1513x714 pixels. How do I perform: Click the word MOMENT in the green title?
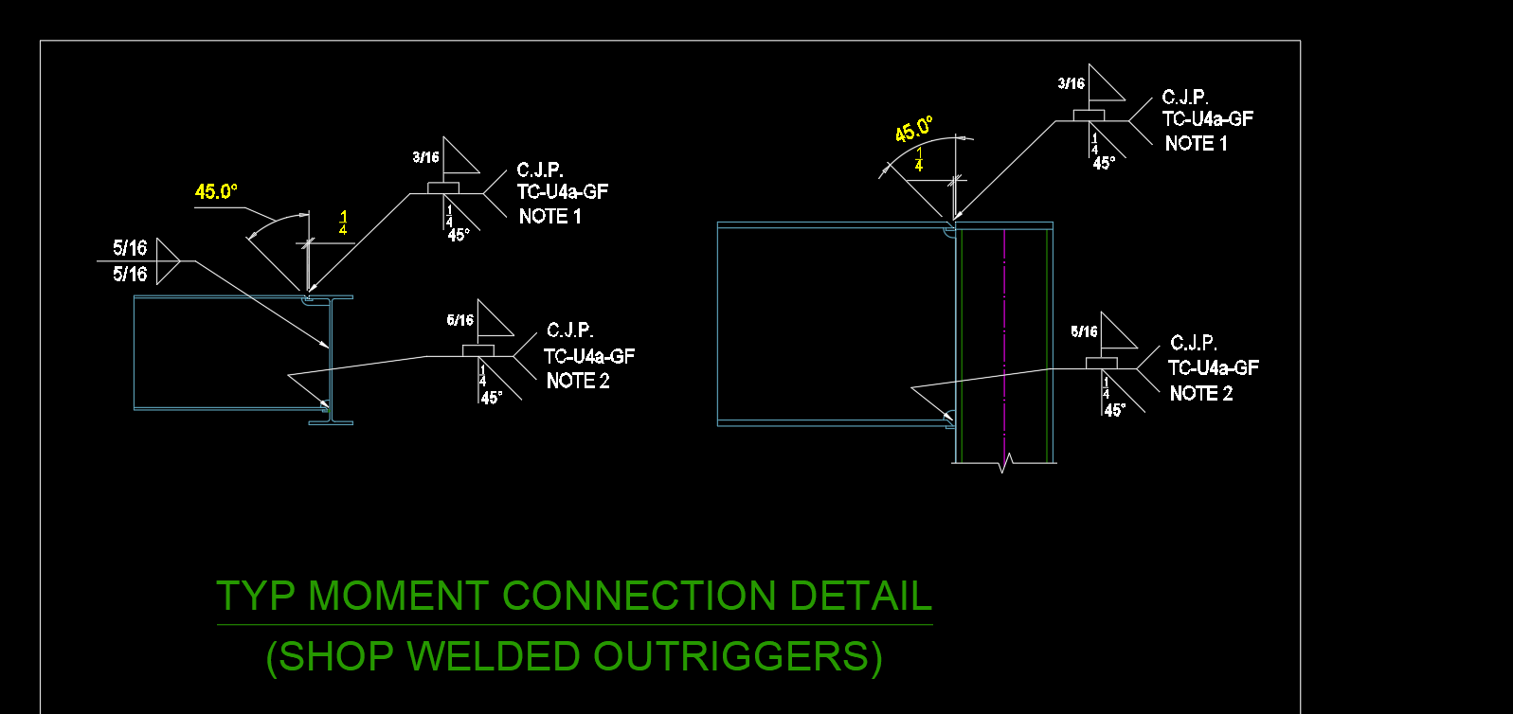(399, 597)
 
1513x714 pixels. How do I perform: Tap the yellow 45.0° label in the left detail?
(216, 191)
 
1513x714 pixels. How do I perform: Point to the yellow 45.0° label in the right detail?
(914, 130)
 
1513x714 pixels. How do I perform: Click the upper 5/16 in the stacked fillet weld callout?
(130, 248)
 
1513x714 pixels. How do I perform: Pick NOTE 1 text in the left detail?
(549, 217)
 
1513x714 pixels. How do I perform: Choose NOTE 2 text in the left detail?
(578, 381)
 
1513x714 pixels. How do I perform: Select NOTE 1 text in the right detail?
(1196, 144)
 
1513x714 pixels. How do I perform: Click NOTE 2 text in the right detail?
(1200, 394)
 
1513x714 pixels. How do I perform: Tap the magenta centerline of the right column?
(1004, 341)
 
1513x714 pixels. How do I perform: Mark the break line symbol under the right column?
(1005, 463)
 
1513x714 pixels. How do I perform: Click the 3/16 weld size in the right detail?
(1071, 84)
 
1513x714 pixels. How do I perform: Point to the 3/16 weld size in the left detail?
(425, 157)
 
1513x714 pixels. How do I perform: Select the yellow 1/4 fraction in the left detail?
(343, 223)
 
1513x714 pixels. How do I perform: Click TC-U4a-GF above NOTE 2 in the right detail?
(1213, 368)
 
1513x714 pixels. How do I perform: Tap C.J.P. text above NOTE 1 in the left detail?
(540, 170)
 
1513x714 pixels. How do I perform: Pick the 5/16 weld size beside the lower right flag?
(1084, 331)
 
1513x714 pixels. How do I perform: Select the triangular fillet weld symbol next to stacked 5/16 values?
(167, 261)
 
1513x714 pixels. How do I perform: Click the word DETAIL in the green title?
(860, 597)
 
